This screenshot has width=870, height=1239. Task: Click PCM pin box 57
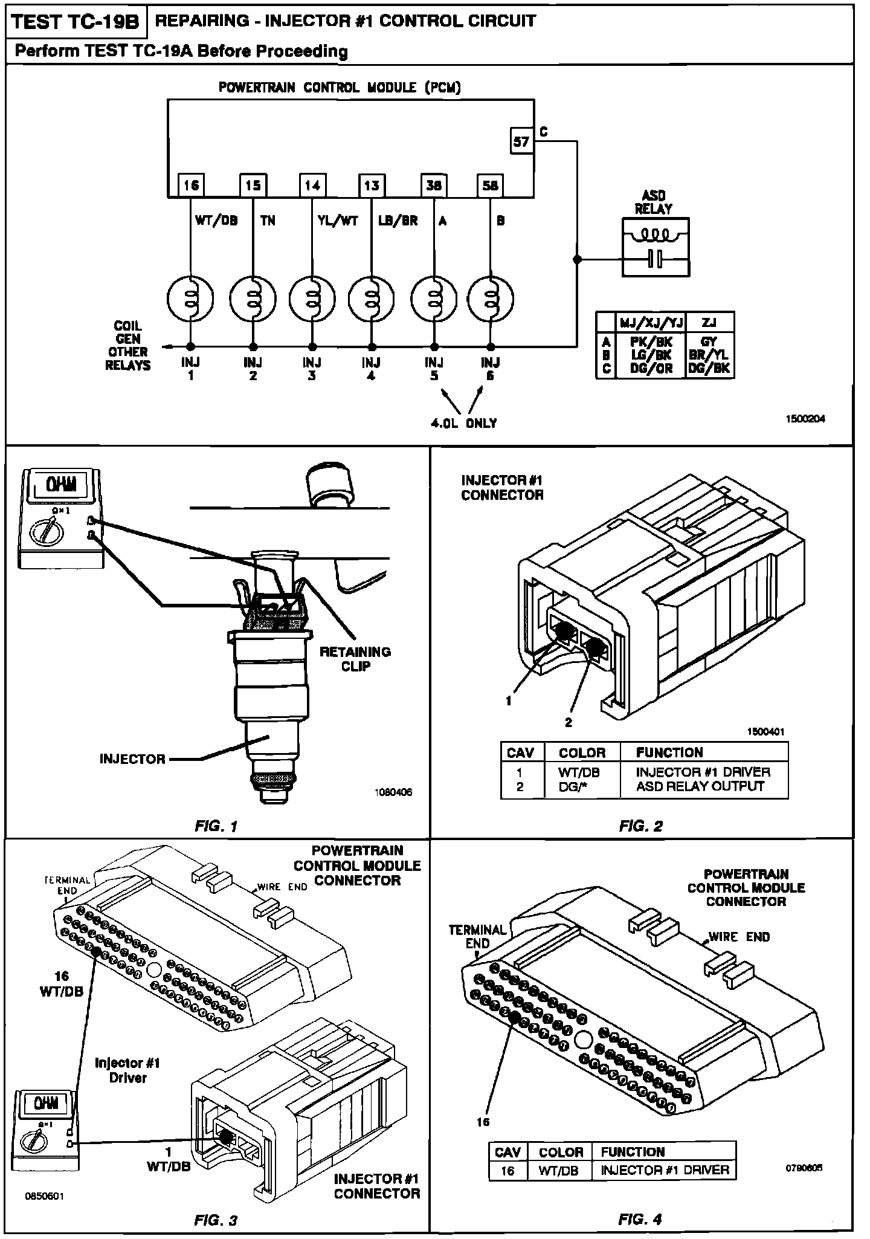coord(521,142)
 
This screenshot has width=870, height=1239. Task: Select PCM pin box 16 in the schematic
coord(191,185)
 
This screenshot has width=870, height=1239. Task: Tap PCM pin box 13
coord(372,185)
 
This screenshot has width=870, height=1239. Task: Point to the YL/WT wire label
coord(338,221)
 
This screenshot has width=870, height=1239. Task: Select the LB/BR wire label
coord(398,221)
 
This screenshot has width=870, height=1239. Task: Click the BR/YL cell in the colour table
coord(709,355)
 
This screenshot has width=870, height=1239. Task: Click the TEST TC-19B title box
coord(76,22)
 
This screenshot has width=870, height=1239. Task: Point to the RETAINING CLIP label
coord(355,659)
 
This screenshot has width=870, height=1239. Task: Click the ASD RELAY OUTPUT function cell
coord(700,786)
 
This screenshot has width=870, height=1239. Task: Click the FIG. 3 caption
coord(216,1220)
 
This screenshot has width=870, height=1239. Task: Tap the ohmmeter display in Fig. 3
coord(46,1104)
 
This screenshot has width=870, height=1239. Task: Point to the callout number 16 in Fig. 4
coord(483,1122)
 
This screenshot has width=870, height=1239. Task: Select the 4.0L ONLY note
coord(463,423)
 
